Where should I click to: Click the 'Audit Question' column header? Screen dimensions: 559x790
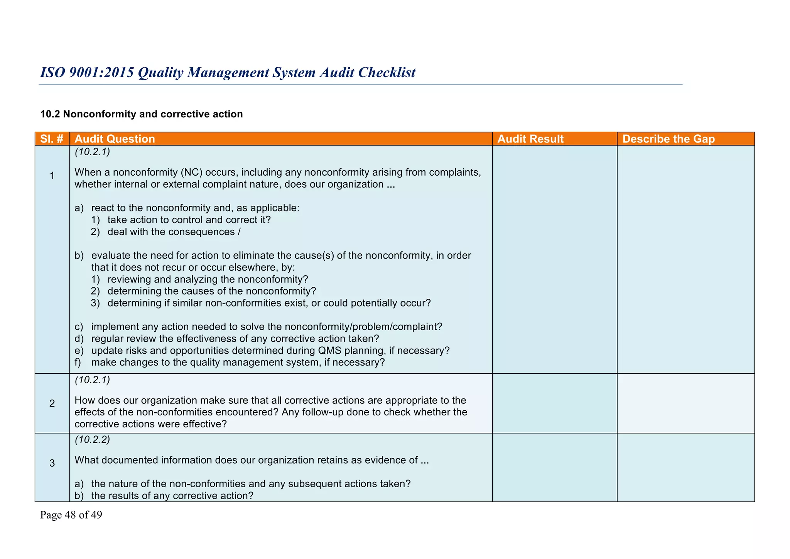[x=115, y=139]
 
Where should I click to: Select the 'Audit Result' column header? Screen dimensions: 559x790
[x=530, y=139]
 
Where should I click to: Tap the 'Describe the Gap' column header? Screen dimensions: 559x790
[x=668, y=139]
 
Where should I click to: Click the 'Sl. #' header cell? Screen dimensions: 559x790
[x=52, y=139]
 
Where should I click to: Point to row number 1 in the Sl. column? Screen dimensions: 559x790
[x=52, y=176]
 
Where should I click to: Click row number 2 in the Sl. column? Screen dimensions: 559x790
[x=52, y=404]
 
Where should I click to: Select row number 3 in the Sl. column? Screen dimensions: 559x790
[x=52, y=463]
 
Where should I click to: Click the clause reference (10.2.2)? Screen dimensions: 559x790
[x=92, y=440]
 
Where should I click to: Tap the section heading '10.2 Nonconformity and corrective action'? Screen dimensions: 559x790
[x=142, y=114]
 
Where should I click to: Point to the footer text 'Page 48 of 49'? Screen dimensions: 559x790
[x=71, y=515]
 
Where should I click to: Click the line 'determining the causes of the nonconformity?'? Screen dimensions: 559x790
[x=212, y=291]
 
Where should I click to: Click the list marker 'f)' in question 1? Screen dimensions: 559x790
[x=78, y=363]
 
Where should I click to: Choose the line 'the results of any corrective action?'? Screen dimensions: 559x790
[x=172, y=496]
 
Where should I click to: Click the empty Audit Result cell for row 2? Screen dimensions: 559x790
[x=554, y=403]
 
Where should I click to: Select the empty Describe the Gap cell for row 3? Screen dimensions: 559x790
[x=685, y=467]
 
